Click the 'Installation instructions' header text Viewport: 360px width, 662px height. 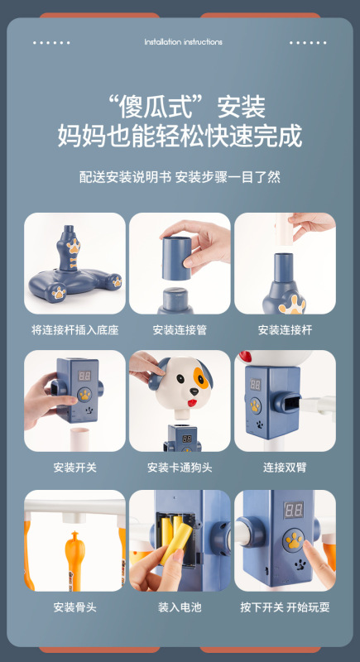(183, 42)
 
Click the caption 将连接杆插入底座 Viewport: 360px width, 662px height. (74, 329)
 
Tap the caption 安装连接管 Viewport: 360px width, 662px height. (180, 329)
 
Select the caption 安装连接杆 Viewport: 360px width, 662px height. (285, 329)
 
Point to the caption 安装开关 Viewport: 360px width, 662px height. (74, 468)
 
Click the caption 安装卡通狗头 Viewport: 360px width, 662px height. (180, 468)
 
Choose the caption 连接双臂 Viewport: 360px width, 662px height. (285, 468)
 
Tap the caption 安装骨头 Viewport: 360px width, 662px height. (74, 607)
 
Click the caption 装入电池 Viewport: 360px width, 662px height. (180, 607)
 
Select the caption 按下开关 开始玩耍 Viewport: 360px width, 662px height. (285, 607)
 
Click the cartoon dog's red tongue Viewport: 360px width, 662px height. (192, 403)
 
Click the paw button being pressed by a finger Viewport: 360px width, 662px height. (294, 541)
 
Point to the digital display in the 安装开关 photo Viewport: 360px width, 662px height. (84, 376)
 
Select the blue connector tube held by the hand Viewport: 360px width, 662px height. (176, 258)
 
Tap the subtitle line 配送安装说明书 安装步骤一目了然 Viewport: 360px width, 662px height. (180, 176)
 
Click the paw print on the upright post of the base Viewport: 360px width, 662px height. (74, 246)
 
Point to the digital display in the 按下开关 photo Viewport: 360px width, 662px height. (294, 510)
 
